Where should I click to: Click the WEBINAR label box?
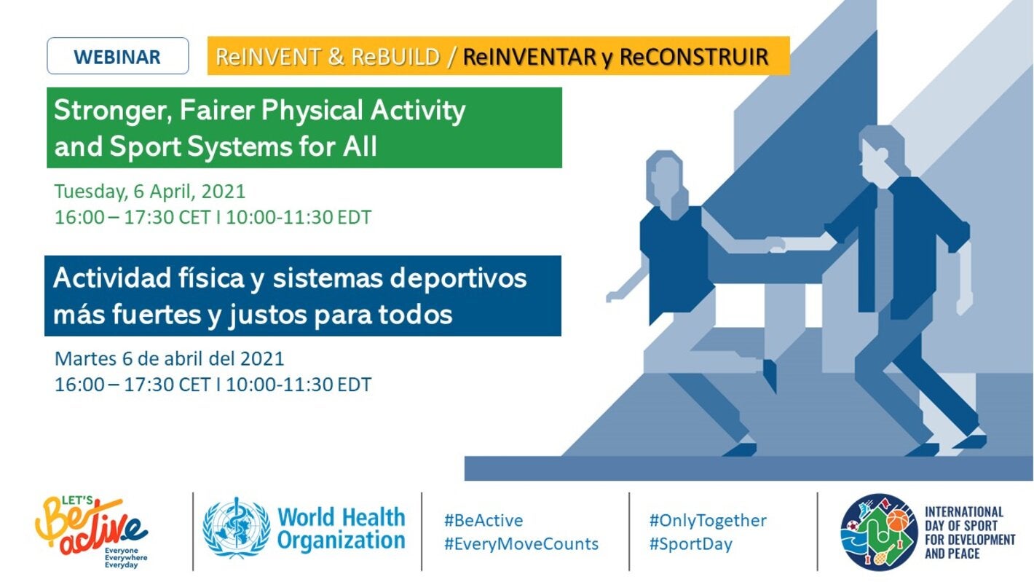pos(118,56)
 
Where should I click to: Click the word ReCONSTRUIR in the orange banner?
pos(694,57)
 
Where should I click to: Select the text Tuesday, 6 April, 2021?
pos(149,192)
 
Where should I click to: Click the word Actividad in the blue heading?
pos(111,278)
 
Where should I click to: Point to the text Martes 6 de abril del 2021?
pos(169,358)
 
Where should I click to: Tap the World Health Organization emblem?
pos(237,528)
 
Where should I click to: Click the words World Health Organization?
pos(341,529)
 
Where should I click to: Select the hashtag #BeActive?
pos(484,520)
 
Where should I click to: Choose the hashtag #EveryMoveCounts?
pos(521,543)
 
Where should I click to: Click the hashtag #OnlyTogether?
pos(708,520)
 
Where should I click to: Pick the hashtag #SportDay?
pos(690,544)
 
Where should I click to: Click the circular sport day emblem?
pos(879,532)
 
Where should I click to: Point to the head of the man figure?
pos(881,152)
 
